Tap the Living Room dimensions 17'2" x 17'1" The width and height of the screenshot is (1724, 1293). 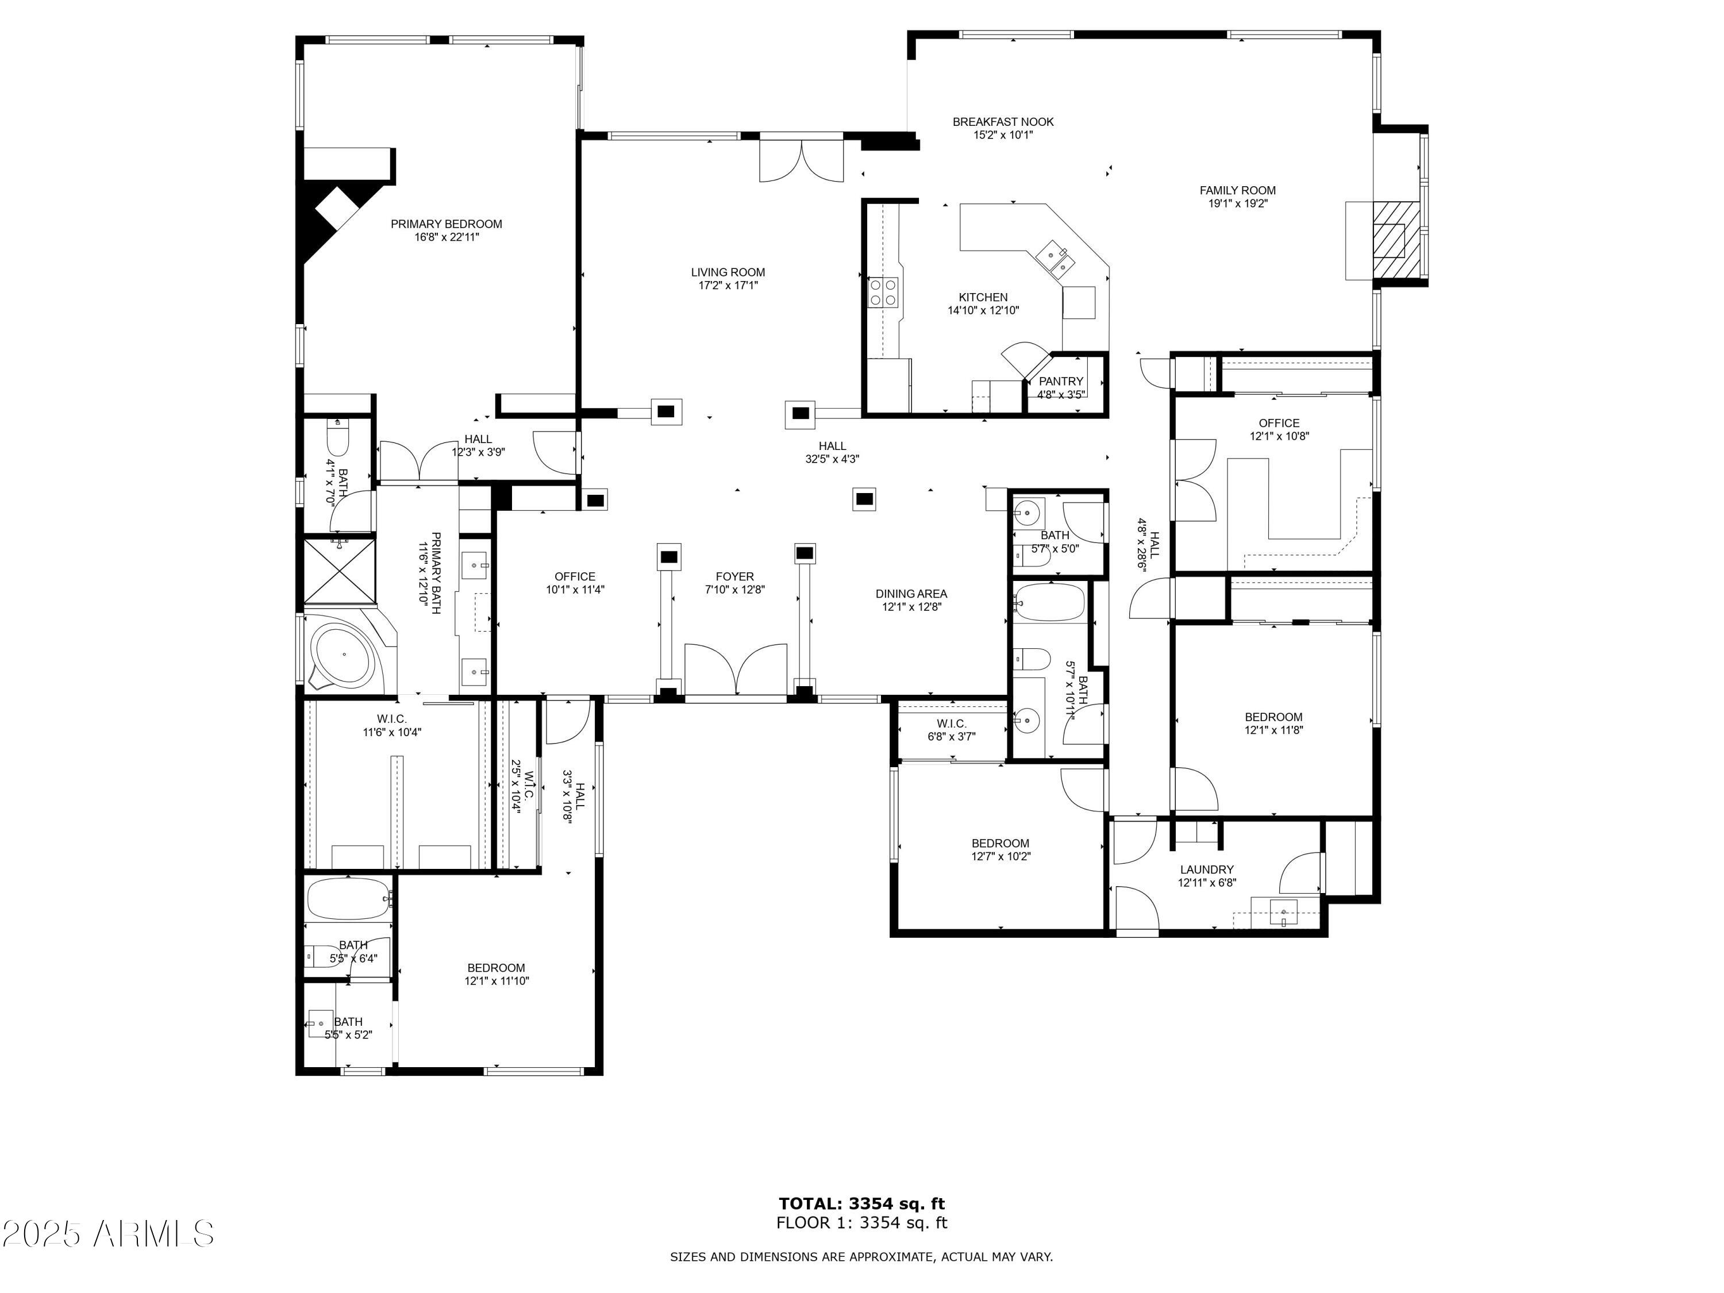728,285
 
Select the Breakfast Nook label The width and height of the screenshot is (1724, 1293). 1003,122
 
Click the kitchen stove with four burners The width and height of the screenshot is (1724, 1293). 884,293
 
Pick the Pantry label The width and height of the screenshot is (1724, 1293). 1061,381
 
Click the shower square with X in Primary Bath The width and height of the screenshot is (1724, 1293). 339,571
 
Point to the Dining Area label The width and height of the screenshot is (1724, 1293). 911,594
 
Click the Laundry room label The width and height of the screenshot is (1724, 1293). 1206,870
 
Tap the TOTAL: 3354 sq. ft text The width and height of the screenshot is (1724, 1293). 861,1204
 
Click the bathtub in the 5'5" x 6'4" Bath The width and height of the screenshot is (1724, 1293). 348,899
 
